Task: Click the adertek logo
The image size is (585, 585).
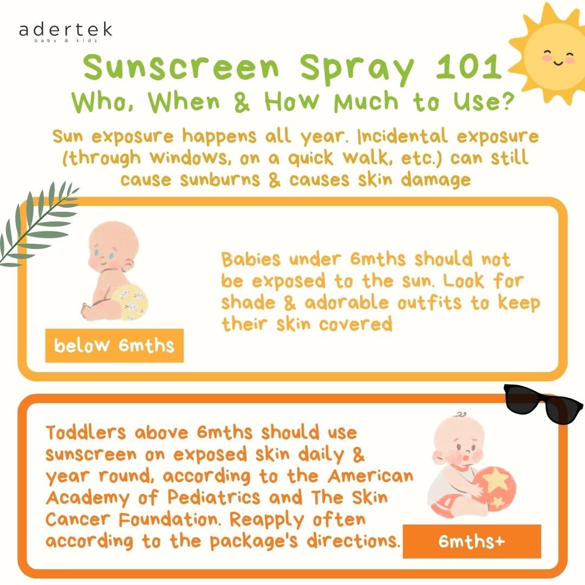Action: (66, 32)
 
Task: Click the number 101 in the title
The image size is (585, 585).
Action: (469, 67)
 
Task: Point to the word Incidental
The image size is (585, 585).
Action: (402, 136)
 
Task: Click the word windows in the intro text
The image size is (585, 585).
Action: (188, 158)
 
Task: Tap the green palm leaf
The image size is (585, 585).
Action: (37, 223)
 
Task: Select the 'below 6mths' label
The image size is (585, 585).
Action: (114, 346)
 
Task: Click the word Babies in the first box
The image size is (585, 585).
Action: (250, 259)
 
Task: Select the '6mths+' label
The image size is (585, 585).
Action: (472, 541)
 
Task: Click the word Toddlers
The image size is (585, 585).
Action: (86, 432)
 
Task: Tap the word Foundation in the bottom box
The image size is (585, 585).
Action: (170, 519)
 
